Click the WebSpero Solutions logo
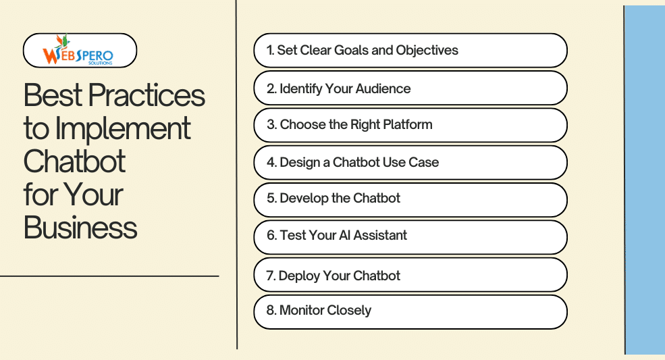[x=78, y=50]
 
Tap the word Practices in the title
[x=147, y=95]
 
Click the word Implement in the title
[x=123, y=129]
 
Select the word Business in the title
[x=80, y=228]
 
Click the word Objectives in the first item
[x=427, y=51]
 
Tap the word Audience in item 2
[x=383, y=88]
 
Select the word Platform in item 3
[x=408, y=124]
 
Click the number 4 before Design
[x=271, y=162]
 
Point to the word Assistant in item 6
[x=380, y=235]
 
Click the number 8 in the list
[x=271, y=310]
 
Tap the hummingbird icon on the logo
[x=61, y=41]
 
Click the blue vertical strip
[x=645, y=180]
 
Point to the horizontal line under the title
[x=109, y=276]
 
